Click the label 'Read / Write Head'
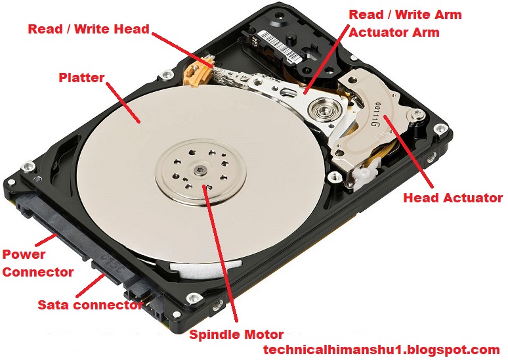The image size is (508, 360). point(88,30)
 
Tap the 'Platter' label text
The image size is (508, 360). point(81,78)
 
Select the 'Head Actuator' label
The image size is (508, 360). point(452,197)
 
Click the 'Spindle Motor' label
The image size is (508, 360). point(236,334)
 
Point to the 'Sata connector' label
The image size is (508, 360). point(90,305)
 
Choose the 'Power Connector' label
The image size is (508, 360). point(37,263)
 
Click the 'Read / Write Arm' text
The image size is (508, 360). point(404,14)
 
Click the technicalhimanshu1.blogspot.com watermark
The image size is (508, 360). point(381,350)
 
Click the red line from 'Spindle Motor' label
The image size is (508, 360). point(219,256)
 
